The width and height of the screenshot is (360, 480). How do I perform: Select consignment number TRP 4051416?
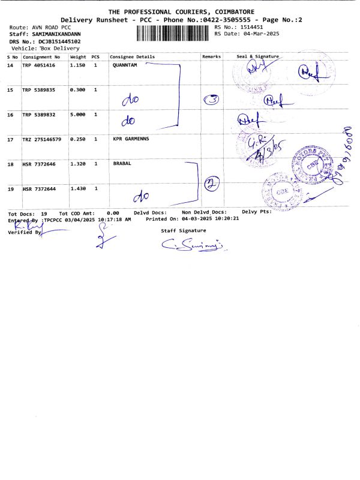point(38,64)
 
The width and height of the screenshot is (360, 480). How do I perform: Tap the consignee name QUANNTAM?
point(125,64)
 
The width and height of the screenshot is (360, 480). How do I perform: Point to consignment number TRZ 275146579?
point(41,139)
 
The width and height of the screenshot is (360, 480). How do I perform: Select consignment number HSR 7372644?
point(38,189)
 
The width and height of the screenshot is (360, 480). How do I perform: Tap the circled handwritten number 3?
point(211,100)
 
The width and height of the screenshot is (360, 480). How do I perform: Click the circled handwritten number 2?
point(210,184)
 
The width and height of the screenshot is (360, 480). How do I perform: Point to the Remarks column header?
point(211,56)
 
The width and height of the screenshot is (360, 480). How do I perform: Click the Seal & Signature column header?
point(258,56)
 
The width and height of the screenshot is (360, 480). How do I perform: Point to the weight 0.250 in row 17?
point(77,139)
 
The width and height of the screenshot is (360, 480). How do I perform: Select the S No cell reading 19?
point(10,189)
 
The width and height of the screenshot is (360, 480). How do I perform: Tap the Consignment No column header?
point(41,56)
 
